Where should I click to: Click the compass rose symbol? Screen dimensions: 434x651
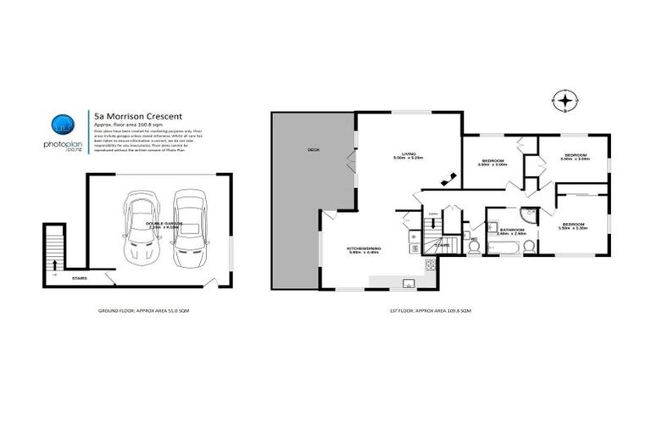click(564, 101)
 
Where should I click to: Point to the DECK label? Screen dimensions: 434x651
click(313, 150)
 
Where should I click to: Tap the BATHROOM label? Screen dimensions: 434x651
click(512, 230)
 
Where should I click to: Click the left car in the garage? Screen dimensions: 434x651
click(141, 227)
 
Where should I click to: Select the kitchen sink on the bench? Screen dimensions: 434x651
click(409, 282)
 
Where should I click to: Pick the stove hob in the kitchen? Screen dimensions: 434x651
click(430, 264)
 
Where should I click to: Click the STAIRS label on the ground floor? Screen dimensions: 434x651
click(80, 276)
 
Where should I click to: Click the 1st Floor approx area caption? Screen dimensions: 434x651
click(430, 312)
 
